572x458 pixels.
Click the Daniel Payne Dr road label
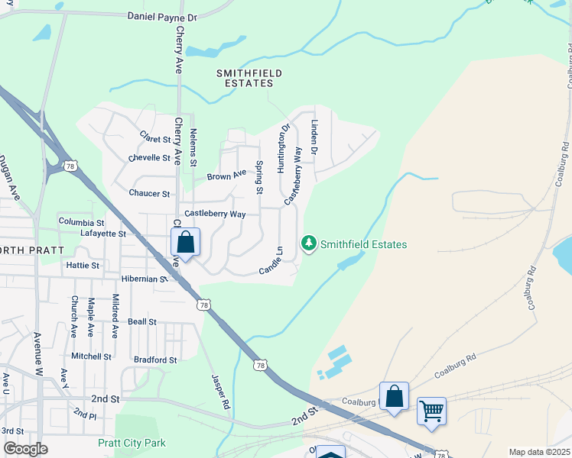click(x=162, y=16)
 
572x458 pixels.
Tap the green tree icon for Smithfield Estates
click(x=309, y=244)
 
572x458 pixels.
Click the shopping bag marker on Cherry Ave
click(x=185, y=243)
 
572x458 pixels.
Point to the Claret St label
click(x=154, y=137)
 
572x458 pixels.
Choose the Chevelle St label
click(x=149, y=158)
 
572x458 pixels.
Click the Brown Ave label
click(x=227, y=176)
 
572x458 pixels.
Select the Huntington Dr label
click(x=283, y=148)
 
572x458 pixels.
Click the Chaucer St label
click(x=149, y=194)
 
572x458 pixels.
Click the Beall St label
click(x=142, y=322)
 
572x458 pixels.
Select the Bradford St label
click(x=155, y=360)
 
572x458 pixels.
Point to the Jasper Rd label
click(x=219, y=392)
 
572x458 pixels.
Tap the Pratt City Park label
click(x=132, y=443)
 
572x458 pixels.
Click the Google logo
click(x=25, y=449)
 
